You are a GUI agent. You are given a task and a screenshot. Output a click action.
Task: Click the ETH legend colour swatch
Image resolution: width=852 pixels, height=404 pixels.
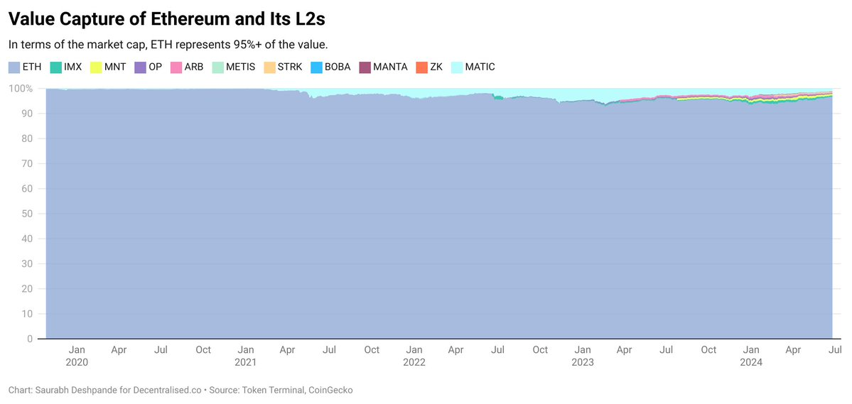click(14, 67)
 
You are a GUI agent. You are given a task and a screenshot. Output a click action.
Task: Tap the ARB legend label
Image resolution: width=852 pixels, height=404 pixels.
click(194, 67)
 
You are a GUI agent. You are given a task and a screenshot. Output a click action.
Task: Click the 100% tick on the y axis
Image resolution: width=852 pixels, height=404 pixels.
click(20, 89)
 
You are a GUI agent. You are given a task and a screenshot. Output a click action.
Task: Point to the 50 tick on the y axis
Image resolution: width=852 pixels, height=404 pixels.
click(28, 214)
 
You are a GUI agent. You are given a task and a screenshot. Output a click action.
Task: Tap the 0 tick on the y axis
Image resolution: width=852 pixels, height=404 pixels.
click(30, 339)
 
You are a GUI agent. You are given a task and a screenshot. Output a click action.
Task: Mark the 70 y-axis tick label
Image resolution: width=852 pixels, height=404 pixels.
click(28, 164)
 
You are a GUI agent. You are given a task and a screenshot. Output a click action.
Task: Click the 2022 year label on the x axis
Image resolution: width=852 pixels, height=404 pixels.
click(414, 362)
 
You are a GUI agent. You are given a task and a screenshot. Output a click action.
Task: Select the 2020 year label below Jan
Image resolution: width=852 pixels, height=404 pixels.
click(77, 362)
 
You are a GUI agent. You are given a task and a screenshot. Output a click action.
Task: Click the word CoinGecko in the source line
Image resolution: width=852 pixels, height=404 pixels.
click(331, 390)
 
